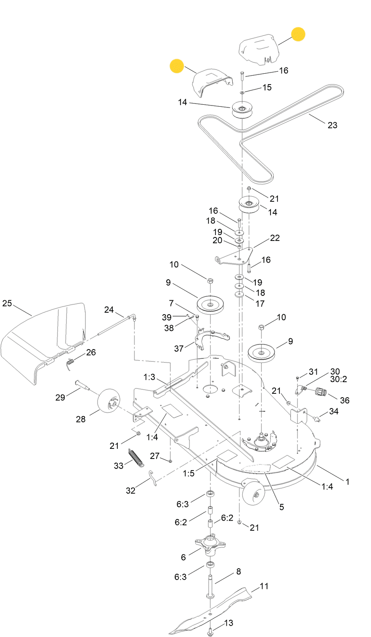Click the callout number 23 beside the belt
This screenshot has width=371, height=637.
click(332, 125)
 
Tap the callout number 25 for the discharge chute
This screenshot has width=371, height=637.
click(7, 303)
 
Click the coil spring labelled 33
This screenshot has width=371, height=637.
click(136, 457)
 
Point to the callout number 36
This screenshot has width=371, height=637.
click(344, 400)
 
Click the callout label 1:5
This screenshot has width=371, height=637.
click(188, 473)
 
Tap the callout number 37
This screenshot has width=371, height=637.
click(178, 348)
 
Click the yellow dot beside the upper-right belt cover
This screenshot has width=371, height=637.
click(298, 34)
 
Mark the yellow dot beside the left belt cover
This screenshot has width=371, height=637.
click(177, 66)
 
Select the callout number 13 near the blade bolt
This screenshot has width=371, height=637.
click(228, 623)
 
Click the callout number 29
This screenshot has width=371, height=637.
click(60, 397)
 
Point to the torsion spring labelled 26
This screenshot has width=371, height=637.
click(70, 364)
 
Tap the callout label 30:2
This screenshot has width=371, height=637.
click(338, 379)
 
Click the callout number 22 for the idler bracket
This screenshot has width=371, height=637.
click(274, 238)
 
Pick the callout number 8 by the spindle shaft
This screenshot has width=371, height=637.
click(238, 571)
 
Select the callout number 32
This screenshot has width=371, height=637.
click(131, 490)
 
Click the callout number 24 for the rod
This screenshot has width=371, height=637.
click(109, 310)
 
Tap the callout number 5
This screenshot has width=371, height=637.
click(281, 507)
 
